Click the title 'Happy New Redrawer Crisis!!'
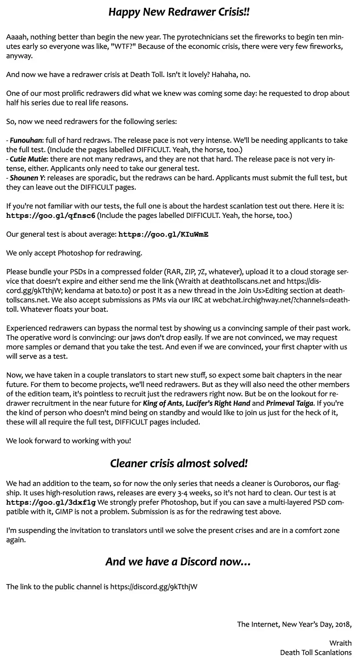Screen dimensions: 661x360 click(x=179, y=12)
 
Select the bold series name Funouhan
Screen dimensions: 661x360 click(x=26, y=141)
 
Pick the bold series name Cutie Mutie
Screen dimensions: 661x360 click(x=28, y=159)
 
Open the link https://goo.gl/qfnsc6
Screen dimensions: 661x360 click(x=51, y=216)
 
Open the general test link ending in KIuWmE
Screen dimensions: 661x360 click(x=163, y=234)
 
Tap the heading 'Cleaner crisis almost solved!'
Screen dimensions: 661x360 click(x=179, y=463)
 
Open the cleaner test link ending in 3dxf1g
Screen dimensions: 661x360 click(x=51, y=503)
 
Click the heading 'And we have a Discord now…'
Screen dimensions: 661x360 click(x=178, y=562)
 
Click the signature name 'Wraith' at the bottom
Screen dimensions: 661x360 click(x=340, y=643)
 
